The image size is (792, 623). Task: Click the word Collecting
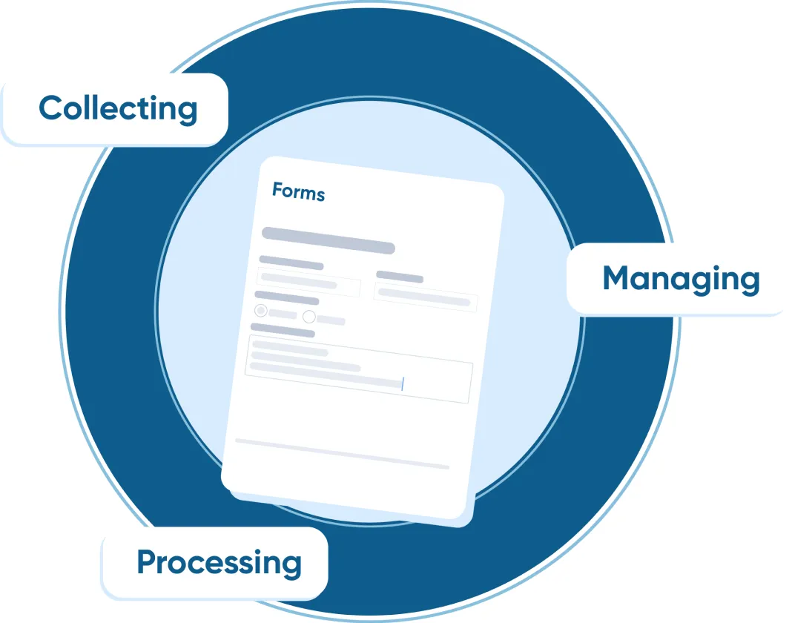click(x=118, y=109)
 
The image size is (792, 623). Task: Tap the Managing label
click(x=681, y=279)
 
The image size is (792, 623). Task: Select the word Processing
click(x=219, y=562)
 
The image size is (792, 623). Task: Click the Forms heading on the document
click(x=298, y=192)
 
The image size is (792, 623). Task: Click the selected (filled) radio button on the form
click(x=261, y=311)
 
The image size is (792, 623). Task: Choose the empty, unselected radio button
click(x=309, y=317)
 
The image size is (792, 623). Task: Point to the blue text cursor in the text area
click(x=402, y=383)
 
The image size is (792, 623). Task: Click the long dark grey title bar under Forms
click(x=328, y=240)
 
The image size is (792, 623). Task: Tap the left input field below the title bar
click(x=308, y=283)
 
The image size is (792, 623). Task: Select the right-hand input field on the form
click(x=426, y=297)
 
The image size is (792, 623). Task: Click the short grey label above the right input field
click(x=399, y=277)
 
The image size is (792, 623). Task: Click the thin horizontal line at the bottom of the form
click(x=342, y=453)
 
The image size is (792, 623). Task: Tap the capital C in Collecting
click(x=50, y=109)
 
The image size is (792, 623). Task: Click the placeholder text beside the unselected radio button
click(x=331, y=320)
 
